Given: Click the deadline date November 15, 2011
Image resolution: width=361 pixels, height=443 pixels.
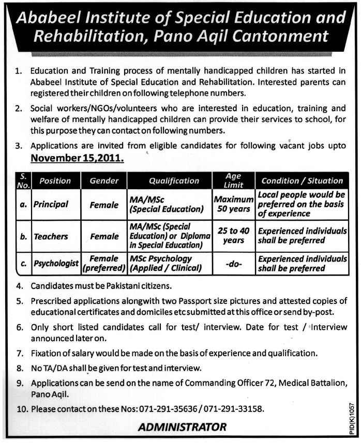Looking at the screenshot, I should (77, 158).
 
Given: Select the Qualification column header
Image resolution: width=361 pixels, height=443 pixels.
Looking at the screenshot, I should (174, 181).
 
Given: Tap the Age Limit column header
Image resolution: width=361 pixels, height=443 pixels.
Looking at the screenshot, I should (233, 180).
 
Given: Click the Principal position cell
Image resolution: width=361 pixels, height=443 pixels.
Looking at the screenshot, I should (51, 204).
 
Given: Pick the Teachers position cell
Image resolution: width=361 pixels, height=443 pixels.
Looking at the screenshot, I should (51, 236).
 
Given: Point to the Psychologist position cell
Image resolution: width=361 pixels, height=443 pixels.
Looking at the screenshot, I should (56, 263).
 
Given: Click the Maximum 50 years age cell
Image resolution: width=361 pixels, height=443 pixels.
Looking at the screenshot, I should (233, 204).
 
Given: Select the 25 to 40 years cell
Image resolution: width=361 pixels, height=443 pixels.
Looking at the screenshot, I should (233, 236).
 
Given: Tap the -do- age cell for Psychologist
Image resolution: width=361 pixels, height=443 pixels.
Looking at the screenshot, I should (233, 263).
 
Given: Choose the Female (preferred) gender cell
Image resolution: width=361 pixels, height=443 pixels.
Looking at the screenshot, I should (105, 263).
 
